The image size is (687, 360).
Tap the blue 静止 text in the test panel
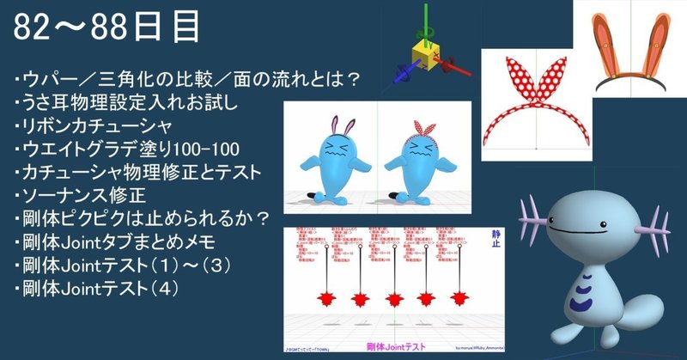pos(495,239)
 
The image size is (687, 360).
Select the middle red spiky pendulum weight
pos(393,299)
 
